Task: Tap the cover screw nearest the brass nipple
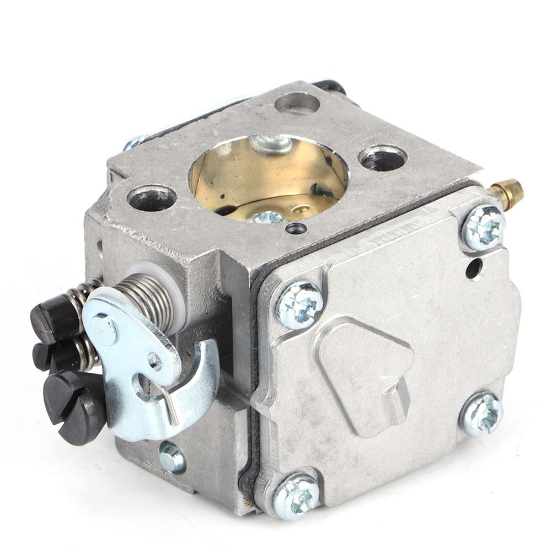pyautogui.click(x=483, y=227)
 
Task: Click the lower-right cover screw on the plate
pyautogui.click(x=481, y=413)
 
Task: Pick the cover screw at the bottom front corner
pyautogui.click(x=297, y=495)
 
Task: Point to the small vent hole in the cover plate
pyautogui.click(x=473, y=269)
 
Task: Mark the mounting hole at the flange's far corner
pyautogui.click(x=297, y=103)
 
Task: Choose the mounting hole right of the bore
pyautogui.click(x=383, y=158)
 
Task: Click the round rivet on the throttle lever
pyautogui.click(x=104, y=330)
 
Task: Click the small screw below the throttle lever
pyautogui.click(x=172, y=457)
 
